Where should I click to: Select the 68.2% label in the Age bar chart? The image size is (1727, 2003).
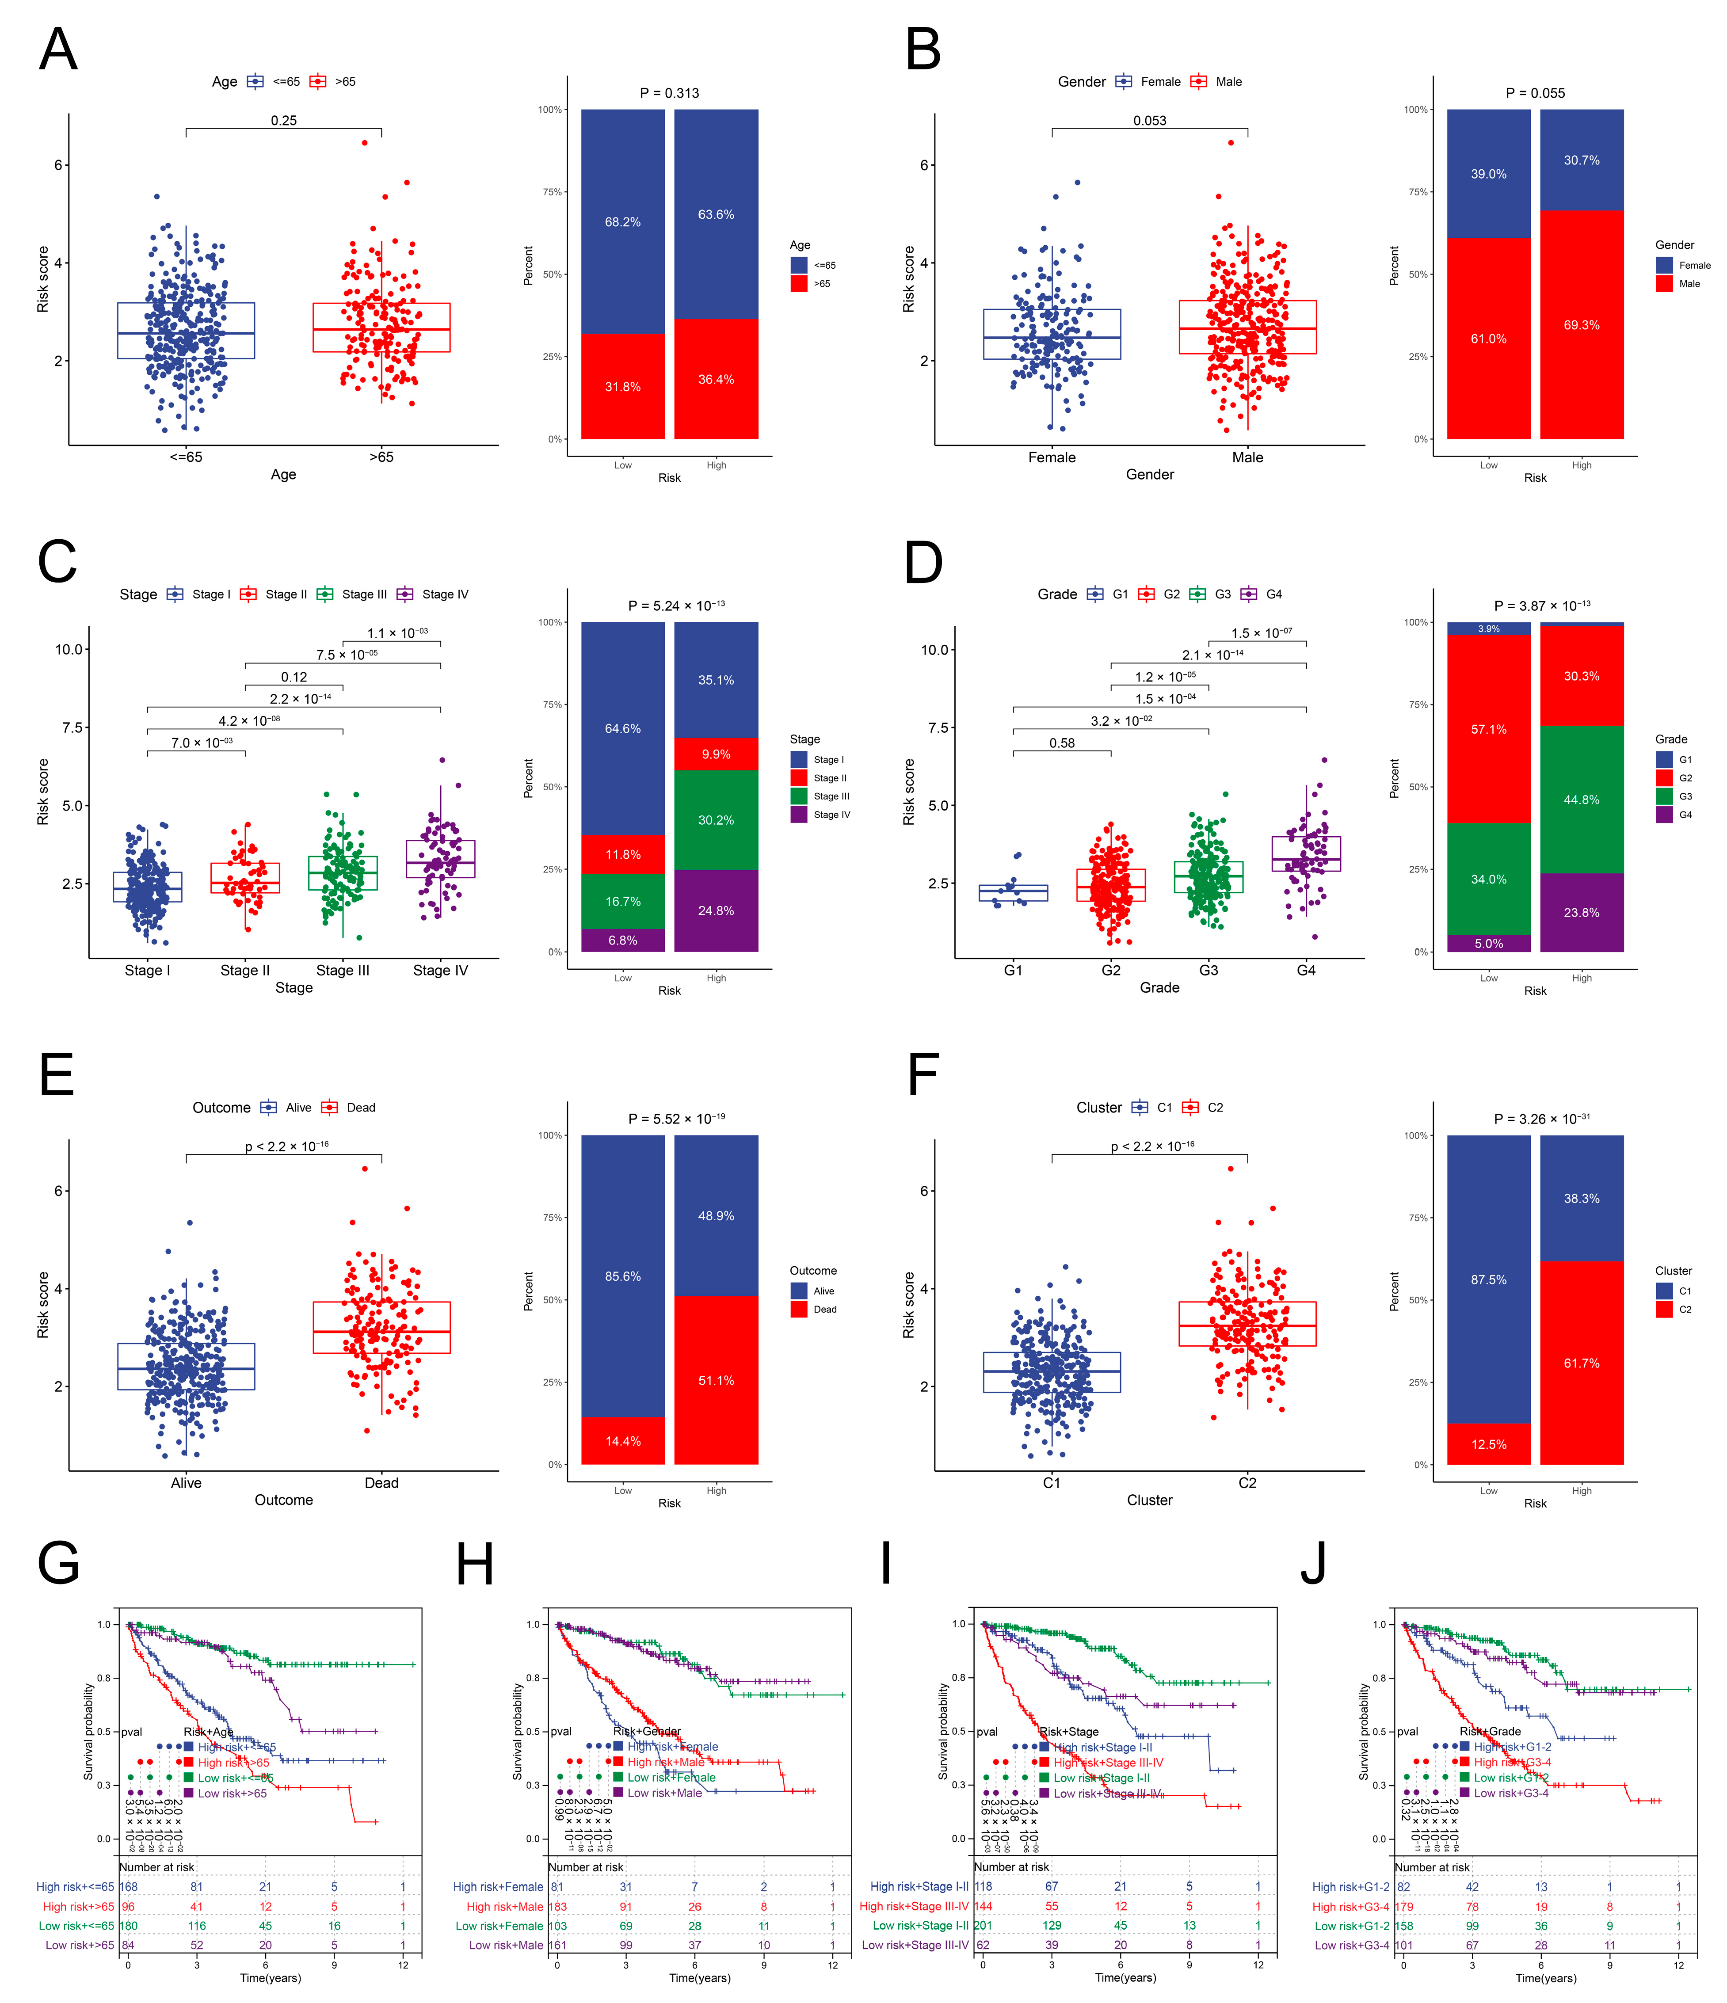pos(623,222)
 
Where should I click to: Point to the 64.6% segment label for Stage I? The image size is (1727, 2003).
pos(623,729)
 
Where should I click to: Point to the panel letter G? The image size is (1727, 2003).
pos(58,1563)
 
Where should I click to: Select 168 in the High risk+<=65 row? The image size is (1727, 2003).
pos(129,1886)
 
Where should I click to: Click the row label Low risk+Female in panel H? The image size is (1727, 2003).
pos(499,1926)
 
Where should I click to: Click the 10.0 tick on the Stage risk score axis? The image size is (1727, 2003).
pos(70,650)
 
